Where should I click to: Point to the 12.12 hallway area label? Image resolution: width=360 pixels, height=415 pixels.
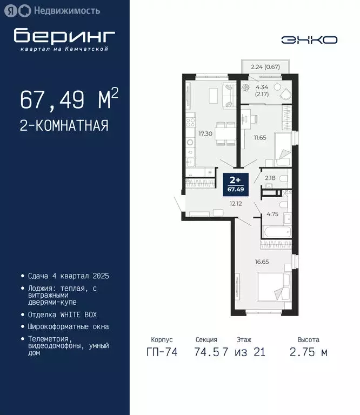coord(235,204)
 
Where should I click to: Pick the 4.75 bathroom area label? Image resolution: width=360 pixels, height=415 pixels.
coord(272,213)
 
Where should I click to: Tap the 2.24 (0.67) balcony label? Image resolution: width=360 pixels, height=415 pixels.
coord(265,68)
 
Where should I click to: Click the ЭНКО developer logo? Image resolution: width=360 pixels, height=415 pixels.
coord(309,39)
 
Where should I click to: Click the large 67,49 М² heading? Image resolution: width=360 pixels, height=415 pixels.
coord(69,99)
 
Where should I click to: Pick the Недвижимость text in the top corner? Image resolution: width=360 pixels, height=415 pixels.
coord(66,10)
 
